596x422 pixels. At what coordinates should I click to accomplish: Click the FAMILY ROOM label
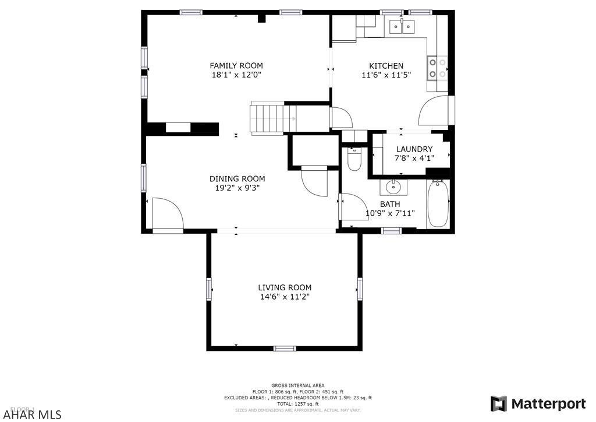[x=236, y=66]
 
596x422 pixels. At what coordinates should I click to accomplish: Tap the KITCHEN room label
[x=386, y=66]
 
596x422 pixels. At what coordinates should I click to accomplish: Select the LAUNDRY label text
[x=414, y=149]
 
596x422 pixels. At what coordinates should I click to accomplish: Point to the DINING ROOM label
[x=237, y=179]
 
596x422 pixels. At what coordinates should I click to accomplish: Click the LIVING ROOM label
[x=285, y=287]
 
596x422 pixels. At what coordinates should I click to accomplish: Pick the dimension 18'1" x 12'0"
[x=236, y=75]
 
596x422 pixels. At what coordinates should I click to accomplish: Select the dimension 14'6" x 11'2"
[x=285, y=297]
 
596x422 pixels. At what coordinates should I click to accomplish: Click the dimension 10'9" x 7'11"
[x=390, y=213]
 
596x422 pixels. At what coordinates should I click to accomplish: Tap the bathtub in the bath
[x=438, y=205]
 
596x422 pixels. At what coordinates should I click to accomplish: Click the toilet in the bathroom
[x=354, y=159]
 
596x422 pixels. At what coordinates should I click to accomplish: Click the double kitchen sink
[x=402, y=26]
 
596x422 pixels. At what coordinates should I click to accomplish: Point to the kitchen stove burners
[x=438, y=68]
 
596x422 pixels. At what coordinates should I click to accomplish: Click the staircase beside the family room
[x=267, y=118]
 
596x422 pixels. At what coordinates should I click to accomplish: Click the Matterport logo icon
[x=498, y=404]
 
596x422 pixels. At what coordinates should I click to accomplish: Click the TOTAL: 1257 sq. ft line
[x=297, y=404]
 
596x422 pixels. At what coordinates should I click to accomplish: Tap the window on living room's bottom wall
[x=284, y=349]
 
